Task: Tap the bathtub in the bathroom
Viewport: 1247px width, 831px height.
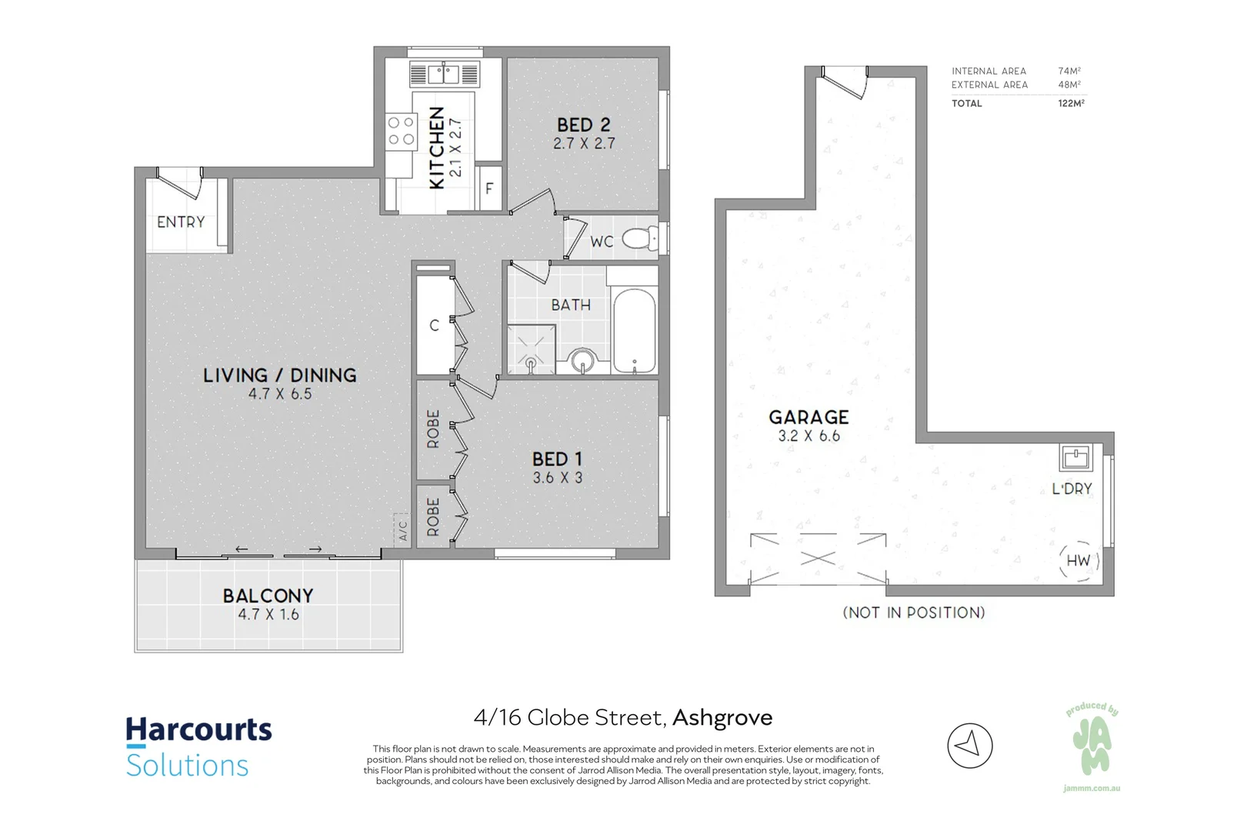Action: (x=634, y=331)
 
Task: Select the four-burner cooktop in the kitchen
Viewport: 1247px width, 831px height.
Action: (x=401, y=130)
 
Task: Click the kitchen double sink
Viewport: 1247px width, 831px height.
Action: (x=444, y=74)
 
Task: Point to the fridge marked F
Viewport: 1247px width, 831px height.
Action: (x=490, y=189)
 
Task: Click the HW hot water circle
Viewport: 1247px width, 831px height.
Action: (x=1079, y=561)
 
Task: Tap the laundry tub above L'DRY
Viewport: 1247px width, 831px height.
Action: (x=1075, y=458)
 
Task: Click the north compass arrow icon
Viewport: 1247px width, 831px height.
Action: (x=970, y=746)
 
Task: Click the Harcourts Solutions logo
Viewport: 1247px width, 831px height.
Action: (x=198, y=746)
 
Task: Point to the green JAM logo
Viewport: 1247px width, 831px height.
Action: (x=1092, y=747)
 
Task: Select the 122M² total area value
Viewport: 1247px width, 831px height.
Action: (x=1072, y=103)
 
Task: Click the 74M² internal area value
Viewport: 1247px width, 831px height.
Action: (x=1069, y=72)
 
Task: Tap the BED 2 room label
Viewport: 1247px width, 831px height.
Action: (x=583, y=125)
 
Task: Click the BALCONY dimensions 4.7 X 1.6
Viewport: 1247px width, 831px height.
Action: (x=268, y=614)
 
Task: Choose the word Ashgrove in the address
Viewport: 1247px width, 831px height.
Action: (x=722, y=718)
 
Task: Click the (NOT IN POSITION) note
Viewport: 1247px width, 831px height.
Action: (x=914, y=612)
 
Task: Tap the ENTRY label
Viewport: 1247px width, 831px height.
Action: (x=181, y=222)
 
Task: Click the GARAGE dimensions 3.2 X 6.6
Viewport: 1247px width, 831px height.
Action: (x=809, y=436)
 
